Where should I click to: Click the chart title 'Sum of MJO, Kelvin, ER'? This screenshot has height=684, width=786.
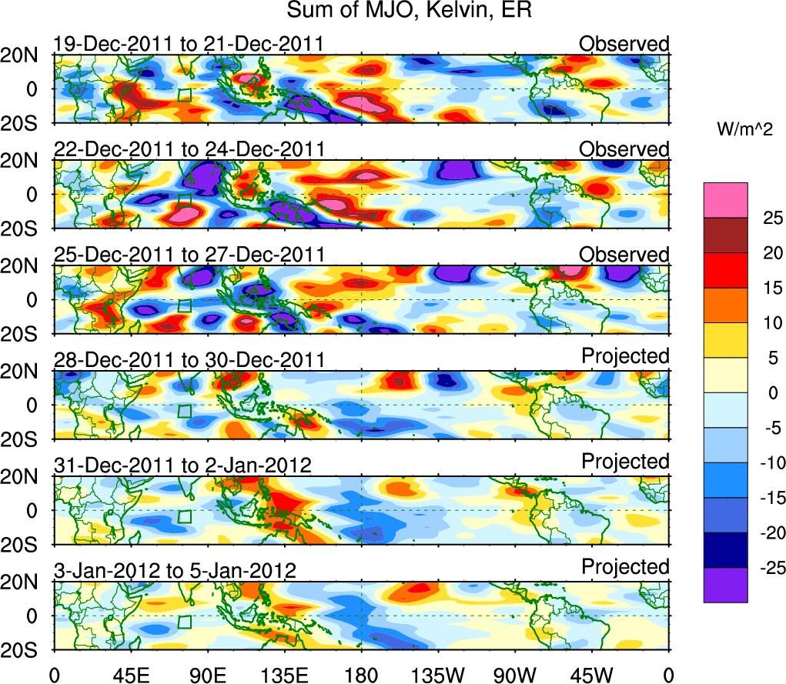(x=410, y=11)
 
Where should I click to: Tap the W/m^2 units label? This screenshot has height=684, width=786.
(x=744, y=131)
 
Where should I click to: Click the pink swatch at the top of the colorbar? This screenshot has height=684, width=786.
(x=724, y=200)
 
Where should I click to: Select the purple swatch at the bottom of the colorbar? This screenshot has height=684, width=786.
(x=724, y=585)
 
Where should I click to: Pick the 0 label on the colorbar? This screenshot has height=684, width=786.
(x=772, y=393)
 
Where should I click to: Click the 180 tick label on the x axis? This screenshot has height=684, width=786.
(x=361, y=675)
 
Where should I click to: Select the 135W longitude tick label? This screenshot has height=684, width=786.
(x=438, y=675)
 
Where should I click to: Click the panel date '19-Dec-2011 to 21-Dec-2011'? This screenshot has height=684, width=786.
(x=189, y=45)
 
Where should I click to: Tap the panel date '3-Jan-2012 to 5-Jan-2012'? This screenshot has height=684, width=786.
(x=176, y=571)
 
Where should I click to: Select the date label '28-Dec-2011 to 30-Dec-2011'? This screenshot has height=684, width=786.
(x=189, y=360)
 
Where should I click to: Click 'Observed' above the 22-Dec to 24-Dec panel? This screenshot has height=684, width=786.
(x=624, y=149)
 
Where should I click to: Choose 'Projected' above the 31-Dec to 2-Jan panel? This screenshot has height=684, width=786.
(x=625, y=462)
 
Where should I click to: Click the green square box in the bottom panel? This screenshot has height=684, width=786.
(x=184, y=622)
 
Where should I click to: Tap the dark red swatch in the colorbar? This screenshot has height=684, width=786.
(x=724, y=235)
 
